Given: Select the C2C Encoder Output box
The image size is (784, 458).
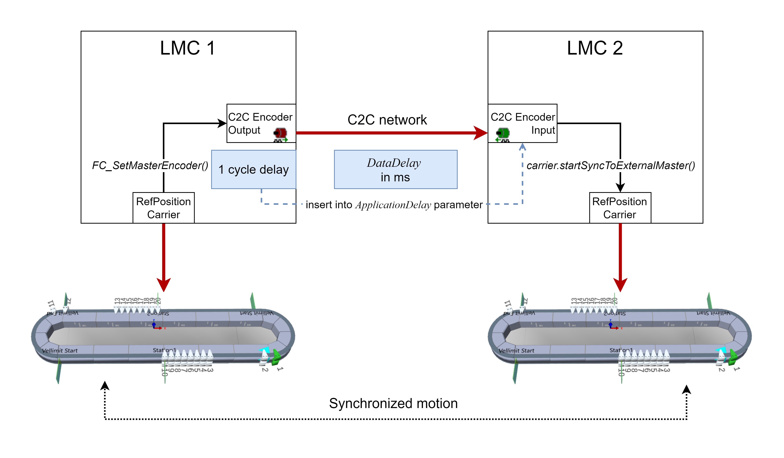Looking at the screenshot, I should tap(261, 123).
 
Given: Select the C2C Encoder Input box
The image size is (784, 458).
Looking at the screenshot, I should tap(522, 123).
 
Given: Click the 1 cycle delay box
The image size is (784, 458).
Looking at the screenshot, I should tap(254, 170).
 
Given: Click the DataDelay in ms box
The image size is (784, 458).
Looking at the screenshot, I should tap(395, 170).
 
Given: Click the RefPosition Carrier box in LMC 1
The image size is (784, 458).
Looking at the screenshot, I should tap(163, 208).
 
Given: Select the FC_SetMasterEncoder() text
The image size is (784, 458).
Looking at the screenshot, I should tap(150, 166).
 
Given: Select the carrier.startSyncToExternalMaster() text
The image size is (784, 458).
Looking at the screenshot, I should tap(610, 166).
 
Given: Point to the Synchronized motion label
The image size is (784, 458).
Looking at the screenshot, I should tap(393, 403).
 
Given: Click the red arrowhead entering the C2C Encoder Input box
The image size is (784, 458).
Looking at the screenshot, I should tap(481, 133).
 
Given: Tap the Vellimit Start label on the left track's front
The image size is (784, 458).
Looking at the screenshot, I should tap(60, 351).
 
